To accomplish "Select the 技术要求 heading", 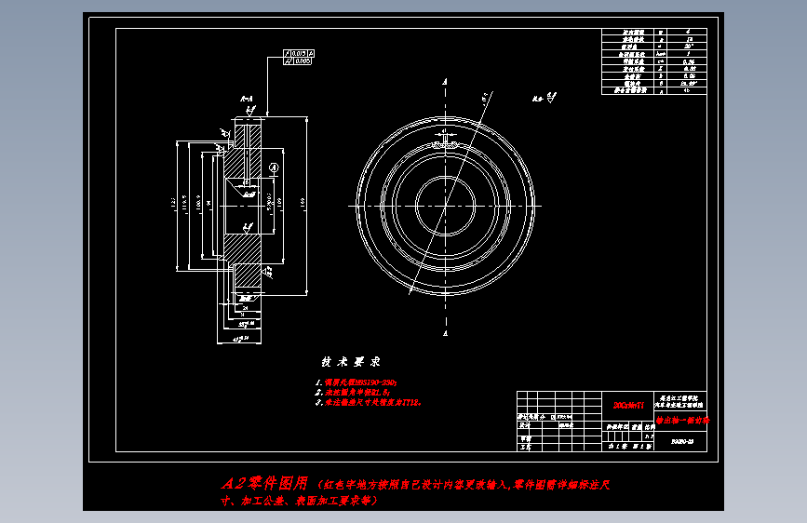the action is [x=351, y=361].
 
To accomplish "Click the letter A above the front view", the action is [x=446, y=84].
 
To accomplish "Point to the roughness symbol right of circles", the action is [x=550, y=96].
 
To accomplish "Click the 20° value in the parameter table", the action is [x=689, y=45].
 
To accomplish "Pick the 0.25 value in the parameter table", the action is [x=689, y=60].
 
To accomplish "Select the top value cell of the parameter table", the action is [x=689, y=31].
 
